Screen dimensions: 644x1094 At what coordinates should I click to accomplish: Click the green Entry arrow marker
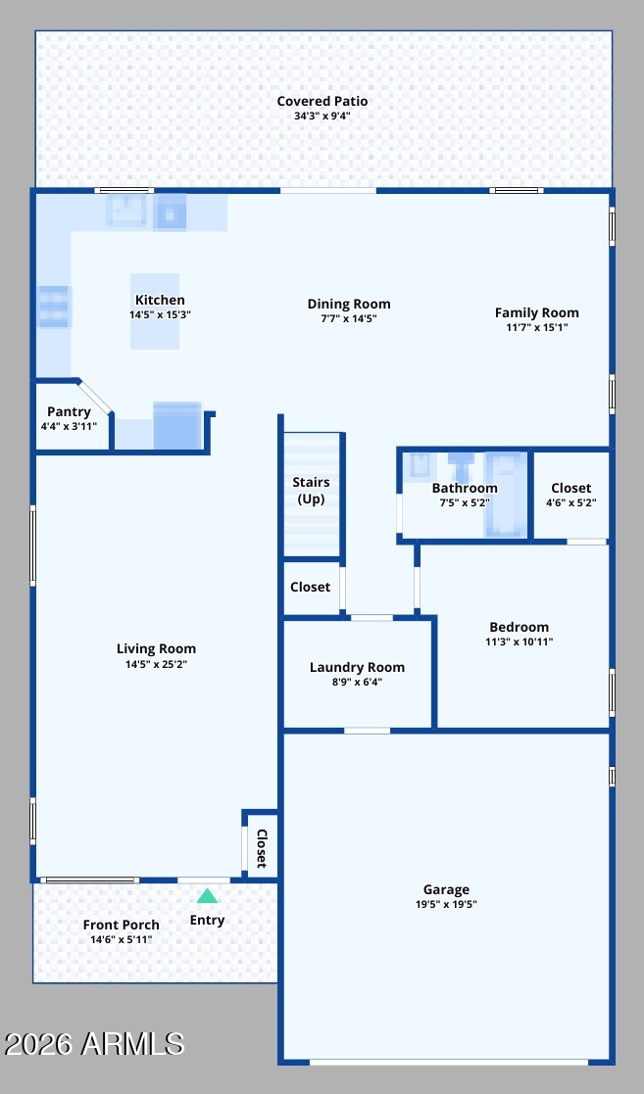pos(207,896)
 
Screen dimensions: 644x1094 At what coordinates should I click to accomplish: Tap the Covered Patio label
pos(322,101)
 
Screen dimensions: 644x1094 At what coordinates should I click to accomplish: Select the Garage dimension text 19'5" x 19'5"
pos(446,904)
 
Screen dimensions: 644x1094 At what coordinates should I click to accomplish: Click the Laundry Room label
pos(357,668)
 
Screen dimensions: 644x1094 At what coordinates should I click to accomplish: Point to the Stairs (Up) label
pos(311,491)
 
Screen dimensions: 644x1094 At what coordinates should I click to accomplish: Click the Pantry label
pos(69,411)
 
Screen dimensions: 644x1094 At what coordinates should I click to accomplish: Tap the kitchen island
pos(155,311)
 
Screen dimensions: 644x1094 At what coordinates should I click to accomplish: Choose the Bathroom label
pos(465,488)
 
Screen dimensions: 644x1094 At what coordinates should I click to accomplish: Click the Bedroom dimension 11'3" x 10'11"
pos(519,642)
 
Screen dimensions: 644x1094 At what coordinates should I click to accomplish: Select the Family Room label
pos(536,312)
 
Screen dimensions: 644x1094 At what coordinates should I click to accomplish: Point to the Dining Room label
pos(349,305)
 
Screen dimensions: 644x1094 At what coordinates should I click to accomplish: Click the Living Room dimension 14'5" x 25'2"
pos(156,664)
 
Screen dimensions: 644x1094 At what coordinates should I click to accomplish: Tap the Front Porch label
pos(121,925)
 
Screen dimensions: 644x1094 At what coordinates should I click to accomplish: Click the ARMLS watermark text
pos(93,1044)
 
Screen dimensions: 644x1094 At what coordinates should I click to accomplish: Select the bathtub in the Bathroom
pos(506,494)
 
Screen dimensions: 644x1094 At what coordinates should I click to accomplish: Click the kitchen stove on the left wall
pos(54,307)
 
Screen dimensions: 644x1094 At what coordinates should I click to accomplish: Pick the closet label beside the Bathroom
pos(570,488)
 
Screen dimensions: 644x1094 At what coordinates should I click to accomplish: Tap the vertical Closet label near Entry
pos(262,848)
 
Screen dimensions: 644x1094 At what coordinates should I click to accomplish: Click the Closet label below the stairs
pos(310,587)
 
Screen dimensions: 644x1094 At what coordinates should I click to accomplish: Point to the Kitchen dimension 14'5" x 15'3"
pos(160,314)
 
